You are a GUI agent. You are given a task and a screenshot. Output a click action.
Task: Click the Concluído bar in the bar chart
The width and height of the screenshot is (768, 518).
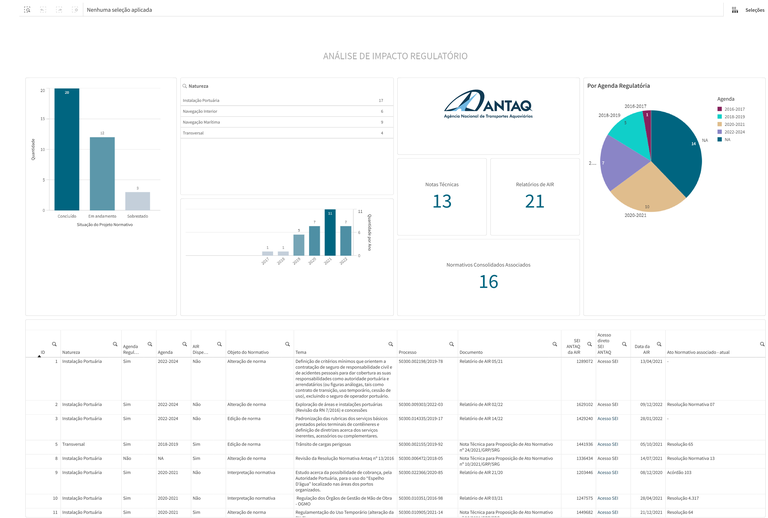67,150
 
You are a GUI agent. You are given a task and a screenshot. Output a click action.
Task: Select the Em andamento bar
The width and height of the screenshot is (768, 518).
102,173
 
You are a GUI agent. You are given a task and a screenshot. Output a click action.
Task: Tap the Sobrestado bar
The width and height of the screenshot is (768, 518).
138,201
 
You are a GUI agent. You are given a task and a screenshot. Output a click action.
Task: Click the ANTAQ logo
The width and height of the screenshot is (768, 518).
488,104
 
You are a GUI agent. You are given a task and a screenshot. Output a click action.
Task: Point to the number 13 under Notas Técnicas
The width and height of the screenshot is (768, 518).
442,201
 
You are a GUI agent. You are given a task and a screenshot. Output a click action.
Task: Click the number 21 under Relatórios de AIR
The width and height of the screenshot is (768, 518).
535,201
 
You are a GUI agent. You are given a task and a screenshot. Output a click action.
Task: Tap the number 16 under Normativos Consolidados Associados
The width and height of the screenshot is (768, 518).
488,282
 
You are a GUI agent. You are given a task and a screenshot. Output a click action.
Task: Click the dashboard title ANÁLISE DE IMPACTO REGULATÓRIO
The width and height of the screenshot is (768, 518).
394,56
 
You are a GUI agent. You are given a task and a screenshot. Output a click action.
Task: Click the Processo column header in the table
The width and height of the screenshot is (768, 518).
408,352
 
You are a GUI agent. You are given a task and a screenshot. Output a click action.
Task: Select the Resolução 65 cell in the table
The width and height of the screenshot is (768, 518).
680,444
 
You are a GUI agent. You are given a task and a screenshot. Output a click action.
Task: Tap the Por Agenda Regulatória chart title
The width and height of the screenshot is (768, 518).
619,86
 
